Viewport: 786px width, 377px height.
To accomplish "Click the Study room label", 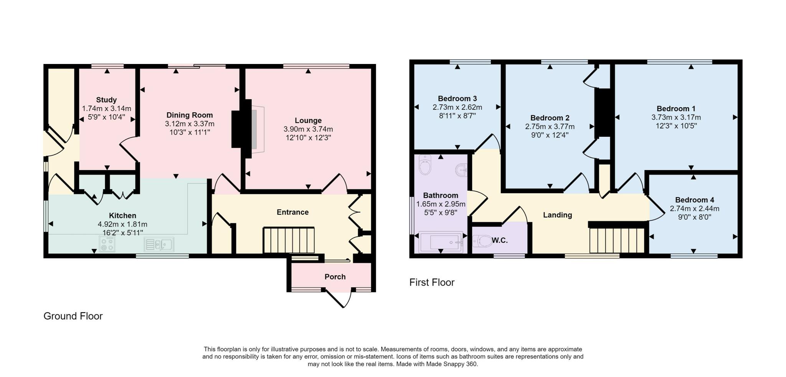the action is pos(106,100).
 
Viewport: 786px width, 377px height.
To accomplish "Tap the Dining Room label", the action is pos(190,115).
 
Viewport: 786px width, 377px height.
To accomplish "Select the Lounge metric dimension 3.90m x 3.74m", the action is pos(308,129).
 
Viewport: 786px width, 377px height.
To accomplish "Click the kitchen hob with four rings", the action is pos(107,244).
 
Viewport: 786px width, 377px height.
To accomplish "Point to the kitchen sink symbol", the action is pos(159,244).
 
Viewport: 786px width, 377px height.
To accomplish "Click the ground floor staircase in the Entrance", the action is pos(289,240).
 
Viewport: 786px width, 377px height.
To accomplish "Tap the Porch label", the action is pos(335,277).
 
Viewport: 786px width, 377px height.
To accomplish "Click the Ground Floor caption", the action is pos(73,316).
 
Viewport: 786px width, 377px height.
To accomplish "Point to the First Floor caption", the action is pos(432,282).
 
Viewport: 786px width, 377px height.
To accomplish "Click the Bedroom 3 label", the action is pos(457,99).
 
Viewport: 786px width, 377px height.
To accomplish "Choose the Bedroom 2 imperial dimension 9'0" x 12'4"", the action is pos(550,135).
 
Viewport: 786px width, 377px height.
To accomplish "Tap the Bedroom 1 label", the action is pos(676,109).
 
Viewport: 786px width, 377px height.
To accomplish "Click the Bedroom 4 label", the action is pos(695,200).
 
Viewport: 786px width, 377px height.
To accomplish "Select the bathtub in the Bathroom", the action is pos(442,242).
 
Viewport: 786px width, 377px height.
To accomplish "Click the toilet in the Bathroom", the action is pos(425,165).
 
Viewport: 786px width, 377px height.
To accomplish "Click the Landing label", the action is pos(558,215).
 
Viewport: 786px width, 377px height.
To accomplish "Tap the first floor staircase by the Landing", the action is pos(617,240).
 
